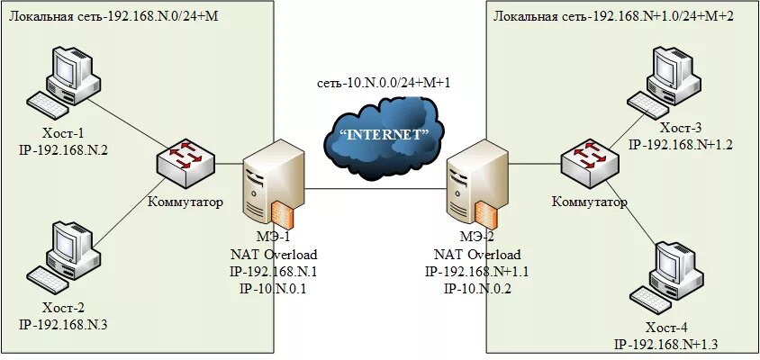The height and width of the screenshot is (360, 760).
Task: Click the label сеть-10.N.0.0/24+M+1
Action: point(384,83)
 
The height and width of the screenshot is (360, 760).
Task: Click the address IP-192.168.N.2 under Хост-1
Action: point(63,150)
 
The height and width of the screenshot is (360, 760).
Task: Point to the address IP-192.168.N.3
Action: point(63,325)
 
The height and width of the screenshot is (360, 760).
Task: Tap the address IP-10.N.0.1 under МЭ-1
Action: point(274,289)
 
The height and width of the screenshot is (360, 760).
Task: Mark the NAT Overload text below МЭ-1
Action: point(274,255)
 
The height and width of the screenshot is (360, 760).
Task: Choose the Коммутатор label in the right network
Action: point(589,202)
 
